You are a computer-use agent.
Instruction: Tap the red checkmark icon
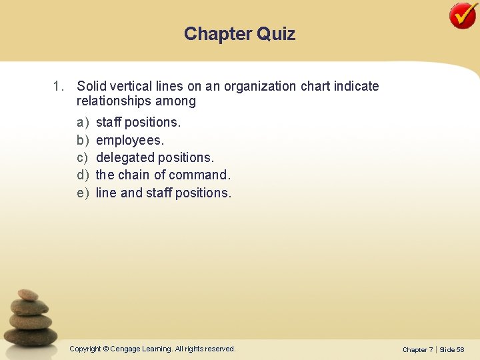[463, 15]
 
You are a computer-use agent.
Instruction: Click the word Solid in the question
[91, 87]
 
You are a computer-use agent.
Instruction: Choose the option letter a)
[83, 123]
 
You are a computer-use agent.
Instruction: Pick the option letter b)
[83, 140]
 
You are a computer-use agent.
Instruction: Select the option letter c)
[83, 157]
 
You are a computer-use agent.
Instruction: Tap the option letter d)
[83, 175]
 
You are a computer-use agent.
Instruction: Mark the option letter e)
[83, 193]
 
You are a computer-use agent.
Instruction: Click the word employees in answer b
[129, 140]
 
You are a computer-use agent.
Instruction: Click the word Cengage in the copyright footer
[125, 349]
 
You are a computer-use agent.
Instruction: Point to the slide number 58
[461, 349]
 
